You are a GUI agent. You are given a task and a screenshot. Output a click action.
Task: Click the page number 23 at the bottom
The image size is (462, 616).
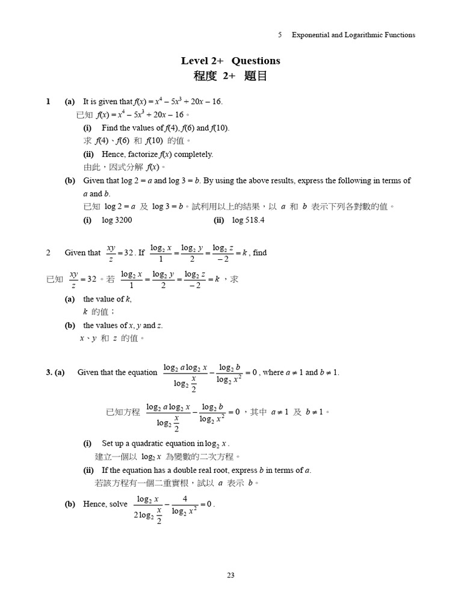[x=230, y=575]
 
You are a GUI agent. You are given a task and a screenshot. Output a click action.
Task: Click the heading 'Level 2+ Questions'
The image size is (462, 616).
[x=230, y=61]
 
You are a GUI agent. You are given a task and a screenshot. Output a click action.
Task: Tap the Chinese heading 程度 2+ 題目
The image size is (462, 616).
[x=230, y=76]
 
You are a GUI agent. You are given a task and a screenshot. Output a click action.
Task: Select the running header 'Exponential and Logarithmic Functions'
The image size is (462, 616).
[x=353, y=35]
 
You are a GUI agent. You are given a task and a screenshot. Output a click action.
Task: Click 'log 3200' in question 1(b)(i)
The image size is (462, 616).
[x=117, y=220]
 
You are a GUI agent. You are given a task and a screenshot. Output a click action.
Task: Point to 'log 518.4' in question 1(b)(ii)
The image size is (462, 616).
[x=248, y=220]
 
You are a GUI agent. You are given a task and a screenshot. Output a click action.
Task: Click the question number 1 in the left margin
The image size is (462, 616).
[x=48, y=102]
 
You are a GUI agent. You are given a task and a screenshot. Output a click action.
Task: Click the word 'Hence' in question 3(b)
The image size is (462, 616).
[x=94, y=504]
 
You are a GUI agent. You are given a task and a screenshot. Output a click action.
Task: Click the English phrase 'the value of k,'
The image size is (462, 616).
[x=107, y=299]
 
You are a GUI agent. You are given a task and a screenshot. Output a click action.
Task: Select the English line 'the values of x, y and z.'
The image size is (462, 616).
[x=123, y=325]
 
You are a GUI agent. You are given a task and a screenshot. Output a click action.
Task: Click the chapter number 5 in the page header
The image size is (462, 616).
[x=280, y=35]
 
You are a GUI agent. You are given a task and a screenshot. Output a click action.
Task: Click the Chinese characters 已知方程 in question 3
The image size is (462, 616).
[x=123, y=412]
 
